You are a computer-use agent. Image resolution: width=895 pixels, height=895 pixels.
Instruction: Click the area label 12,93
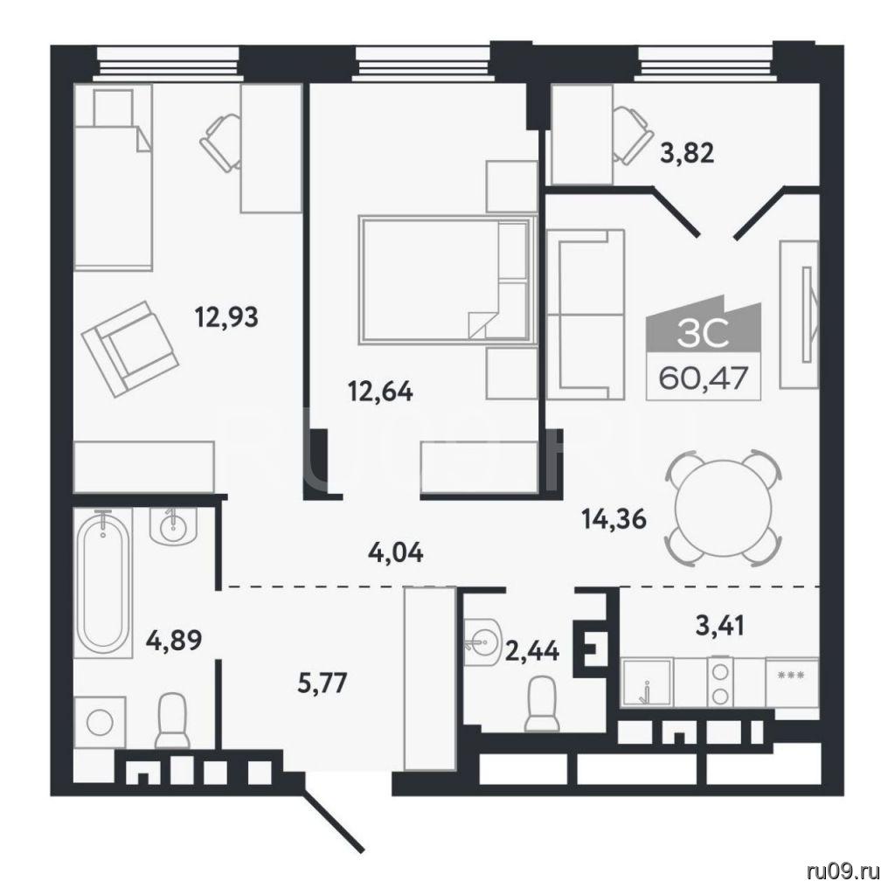[226, 316]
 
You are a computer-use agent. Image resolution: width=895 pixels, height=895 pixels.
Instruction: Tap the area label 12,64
[380, 392]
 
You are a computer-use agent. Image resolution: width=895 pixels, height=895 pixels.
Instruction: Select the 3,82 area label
[687, 153]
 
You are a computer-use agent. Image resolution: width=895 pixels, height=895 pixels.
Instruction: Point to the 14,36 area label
[614, 519]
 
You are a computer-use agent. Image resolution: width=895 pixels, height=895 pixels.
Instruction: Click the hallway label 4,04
[396, 552]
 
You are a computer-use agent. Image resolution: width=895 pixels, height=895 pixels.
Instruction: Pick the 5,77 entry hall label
[323, 682]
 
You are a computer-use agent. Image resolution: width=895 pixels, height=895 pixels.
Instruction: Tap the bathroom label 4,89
[174, 641]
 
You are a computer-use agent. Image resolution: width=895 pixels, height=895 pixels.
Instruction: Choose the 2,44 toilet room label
[532, 650]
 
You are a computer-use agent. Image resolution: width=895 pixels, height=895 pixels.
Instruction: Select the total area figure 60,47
[704, 378]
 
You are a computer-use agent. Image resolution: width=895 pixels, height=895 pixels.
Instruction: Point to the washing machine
[100, 721]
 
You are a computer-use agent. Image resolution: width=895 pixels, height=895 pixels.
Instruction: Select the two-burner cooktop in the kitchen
[721, 683]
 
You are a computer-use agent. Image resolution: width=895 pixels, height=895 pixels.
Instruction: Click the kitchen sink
[648, 683]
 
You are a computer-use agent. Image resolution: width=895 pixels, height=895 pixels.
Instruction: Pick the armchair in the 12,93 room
[131, 350]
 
